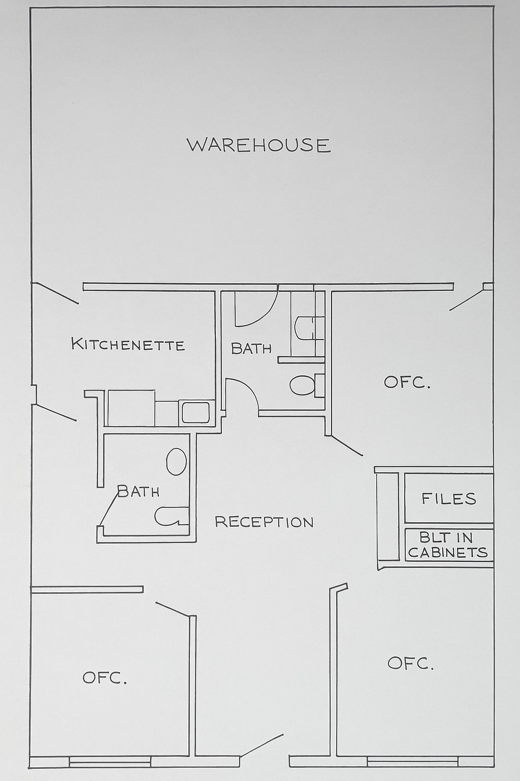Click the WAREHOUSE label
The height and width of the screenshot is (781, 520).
pos(259,145)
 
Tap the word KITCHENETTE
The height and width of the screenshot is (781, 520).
pos(128,344)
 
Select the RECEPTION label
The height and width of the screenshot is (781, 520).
pos(264,522)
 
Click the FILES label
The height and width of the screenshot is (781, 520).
pos(449,498)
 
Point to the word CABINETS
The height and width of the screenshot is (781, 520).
pos(448,553)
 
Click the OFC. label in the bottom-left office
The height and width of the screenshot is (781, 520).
pos(105,678)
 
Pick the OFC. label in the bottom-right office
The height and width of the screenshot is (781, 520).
pos(410,663)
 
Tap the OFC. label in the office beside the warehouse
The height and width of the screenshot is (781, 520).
pos(407,382)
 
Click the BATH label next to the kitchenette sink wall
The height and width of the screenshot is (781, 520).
pos(251,348)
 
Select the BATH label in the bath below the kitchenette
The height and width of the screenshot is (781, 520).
pos(138,491)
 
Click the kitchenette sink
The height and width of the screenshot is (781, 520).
pos(196,412)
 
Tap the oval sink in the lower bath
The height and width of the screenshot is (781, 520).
pos(176,462)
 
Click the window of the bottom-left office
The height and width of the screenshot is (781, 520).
pos(110,761)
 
